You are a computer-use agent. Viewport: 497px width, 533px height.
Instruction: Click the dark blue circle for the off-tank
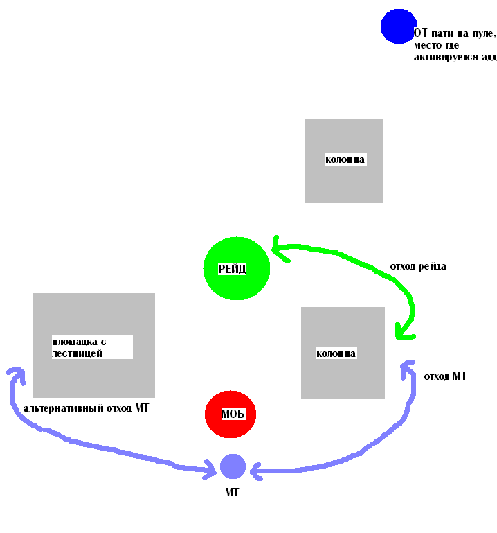(399, 26)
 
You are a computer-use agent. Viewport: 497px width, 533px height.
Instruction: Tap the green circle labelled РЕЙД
(236, 268)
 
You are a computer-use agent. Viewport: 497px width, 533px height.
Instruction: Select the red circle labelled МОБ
(231, 414)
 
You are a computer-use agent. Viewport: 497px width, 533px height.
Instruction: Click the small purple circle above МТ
(233, 466)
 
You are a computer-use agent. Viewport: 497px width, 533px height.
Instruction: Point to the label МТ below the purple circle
(232, 492)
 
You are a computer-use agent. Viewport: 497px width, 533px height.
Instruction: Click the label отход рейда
(417, 266)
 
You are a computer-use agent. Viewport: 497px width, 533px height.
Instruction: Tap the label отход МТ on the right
(445, 376)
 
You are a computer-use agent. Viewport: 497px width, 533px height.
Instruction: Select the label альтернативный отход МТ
(86, 408)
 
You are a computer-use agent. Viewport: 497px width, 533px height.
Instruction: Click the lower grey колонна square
(343, 378)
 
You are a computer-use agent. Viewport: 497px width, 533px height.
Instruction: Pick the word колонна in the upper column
(345, 159)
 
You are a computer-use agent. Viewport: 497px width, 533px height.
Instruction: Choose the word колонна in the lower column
(336, 353)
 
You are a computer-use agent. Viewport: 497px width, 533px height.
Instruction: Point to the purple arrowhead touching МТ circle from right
(255, 471)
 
